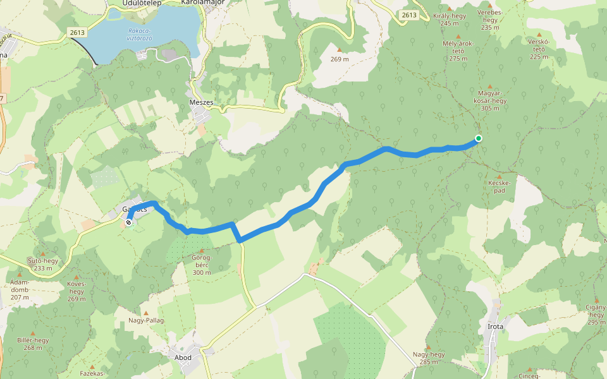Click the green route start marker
(479, 138)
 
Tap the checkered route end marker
(129, 222)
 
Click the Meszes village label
(201, 102)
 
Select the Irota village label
(496, 327)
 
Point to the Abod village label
(183, 358)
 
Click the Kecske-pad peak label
(499, 186)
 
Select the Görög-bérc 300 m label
(200, 265)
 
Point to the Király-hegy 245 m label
(450, 20)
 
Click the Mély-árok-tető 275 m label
(458, 51)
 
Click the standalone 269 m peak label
(340, 59)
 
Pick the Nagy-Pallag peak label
(147, 320)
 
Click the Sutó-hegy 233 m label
(43, 264)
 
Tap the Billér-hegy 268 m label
(33, 344)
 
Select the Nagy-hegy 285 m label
(428, 358)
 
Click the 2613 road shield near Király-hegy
(409, 15)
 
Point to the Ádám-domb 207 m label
(20, 289)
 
